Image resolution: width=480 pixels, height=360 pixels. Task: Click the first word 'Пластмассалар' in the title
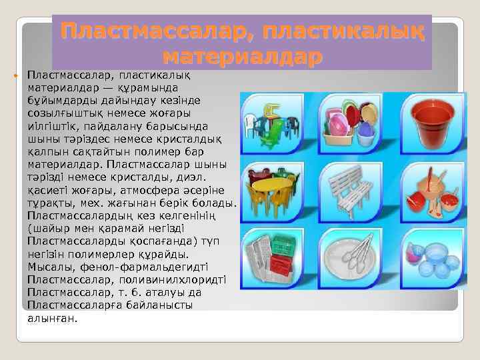(x=157, y=31)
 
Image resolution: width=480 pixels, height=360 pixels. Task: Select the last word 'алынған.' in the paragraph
(x=53, y=318)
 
